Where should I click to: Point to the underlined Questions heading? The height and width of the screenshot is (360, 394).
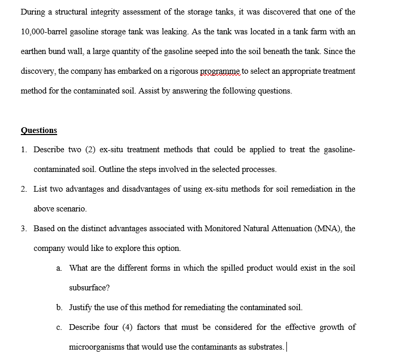click(x=39, y=130)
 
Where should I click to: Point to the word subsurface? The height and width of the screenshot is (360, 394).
click(x=89, y=287)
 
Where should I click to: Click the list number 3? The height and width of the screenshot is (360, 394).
click(x=24, y=229)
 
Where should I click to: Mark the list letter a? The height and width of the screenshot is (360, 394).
click(x=59, y=268)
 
